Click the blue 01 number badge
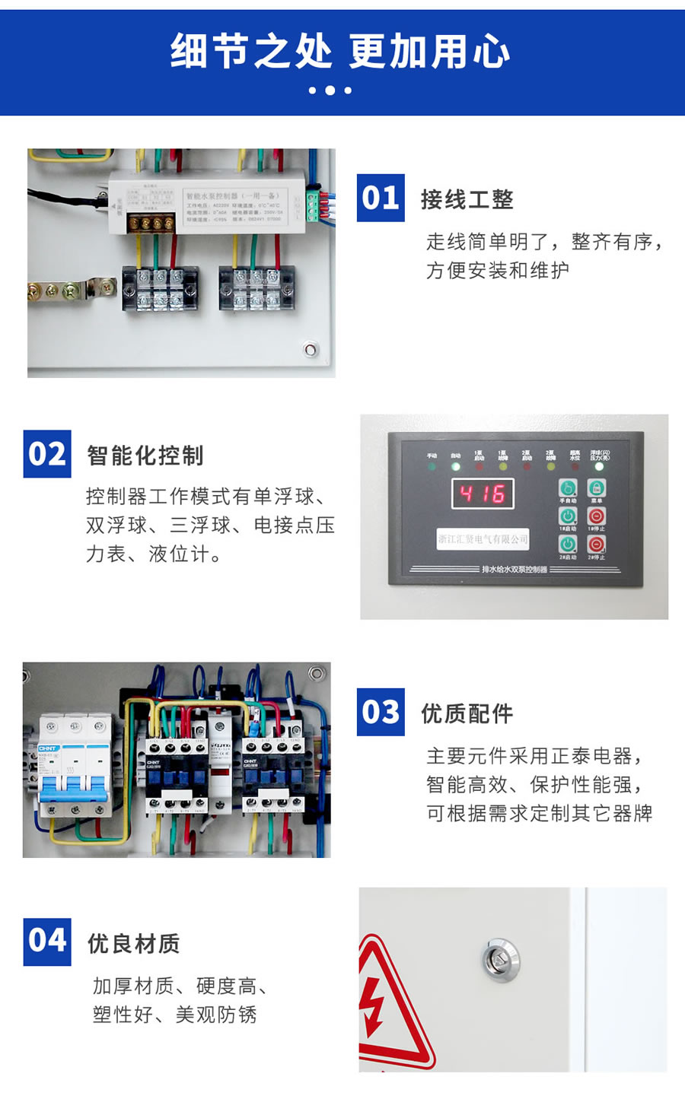pyautogui.click(x=381, y=199)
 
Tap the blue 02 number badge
pyautogui.click(x=47, y=454)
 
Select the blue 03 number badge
pyautogui.click(x=381, y=713)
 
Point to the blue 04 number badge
pyautogui.click(x=47, y=941)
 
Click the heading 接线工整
pyautogui.click(x=467, y=200)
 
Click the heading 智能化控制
pyautogui.click(x=145, y=456)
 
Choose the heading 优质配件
pyautogui.click(x=467, y=714)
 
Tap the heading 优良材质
pyautogui.click(x=134, y=944)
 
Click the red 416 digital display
pyautogui.click(x=483, y=494)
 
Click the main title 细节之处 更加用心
pyautogui.click(x=340, y=52)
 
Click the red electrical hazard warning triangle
pyautogui.click(x=388, y=1004)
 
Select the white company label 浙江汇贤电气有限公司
pyautogui.click(x=483, y=539)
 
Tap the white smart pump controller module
pyautogui.click(x=209, y=201)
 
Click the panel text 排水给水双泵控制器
pyautogui.click(x=515, y=569)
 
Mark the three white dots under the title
pyautogui.click(x=330, y=91)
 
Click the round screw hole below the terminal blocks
pyautogui.click(x=311, y=350)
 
